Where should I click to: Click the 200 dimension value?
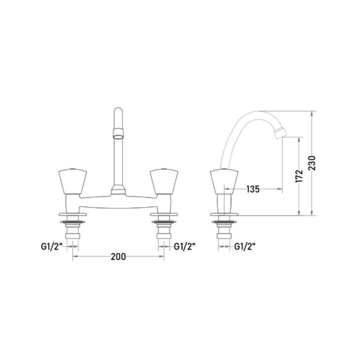point(118,256)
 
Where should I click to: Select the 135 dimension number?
point(253,189)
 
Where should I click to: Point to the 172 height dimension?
point(299,176)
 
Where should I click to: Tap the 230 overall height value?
point(312,163)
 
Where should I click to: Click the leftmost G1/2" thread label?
point(52,246)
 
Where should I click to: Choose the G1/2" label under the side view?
point(245,246)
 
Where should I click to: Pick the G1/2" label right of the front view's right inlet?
point(184,246)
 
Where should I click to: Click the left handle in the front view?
point(73,181)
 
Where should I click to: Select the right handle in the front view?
point(164,181)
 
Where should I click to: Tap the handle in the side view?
point(224,181)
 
